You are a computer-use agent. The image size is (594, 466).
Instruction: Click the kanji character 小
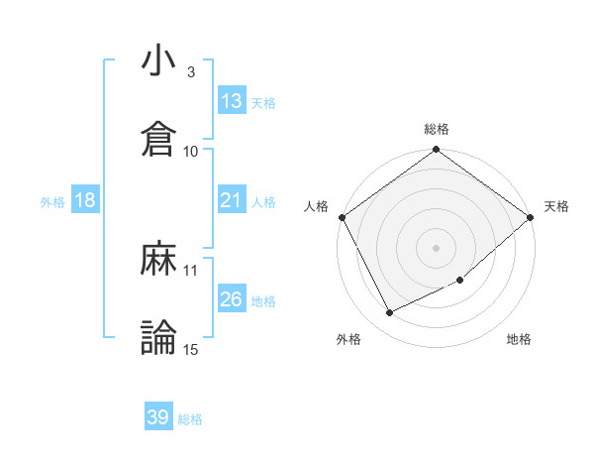pyautogui.click(x=158, y=61)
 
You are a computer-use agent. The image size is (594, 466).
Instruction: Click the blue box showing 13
pyautogui.click(x=232, y=101)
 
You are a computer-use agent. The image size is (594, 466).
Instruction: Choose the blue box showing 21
pyautogui.click(x=232, y=200)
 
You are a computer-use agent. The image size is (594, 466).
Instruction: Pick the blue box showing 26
pyautogui.click(x=232, y=299)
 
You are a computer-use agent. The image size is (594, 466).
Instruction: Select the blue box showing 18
pyautogui.click(x=85, y=200)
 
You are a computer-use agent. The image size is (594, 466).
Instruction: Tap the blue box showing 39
pyautogui.click(x=158, y=417)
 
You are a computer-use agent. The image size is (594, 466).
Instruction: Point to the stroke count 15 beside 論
pyautogui.click(x=191, y=349)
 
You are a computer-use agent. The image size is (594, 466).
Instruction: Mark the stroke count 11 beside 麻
pyautogui.click(x=191, y=270)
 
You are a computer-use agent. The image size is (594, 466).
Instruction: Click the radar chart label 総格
pyautogui.click(x=437, y=129)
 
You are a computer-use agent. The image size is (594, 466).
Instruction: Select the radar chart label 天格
pyautogui.click(x=556, y=206)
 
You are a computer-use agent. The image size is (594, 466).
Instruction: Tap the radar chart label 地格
pyautogui.click(x=519, y=339)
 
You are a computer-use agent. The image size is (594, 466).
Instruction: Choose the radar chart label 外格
pyautogui.click(x=348, y=339)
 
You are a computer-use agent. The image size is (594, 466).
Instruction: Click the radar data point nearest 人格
pyautogui.click(x=342, y=217)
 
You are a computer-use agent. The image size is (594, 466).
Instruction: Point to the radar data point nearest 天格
pyautogui.click(x=531, y=217)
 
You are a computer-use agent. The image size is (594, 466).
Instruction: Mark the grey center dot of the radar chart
pyautogui.click(x=437, y=247)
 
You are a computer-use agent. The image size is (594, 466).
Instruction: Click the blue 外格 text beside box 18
pyautogui.click(x=52, y=201)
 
